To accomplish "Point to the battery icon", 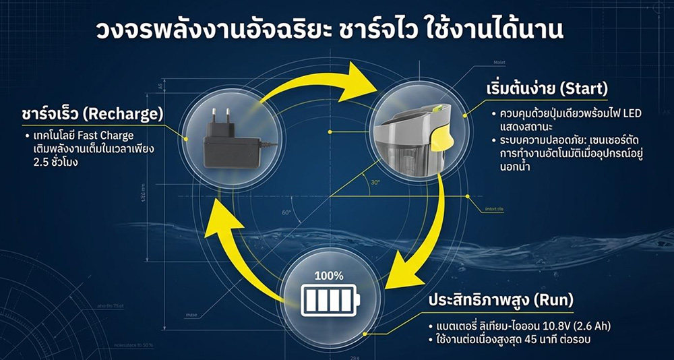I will click(328, 298).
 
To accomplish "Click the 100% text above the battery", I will click(328, 275).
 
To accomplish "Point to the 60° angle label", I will click(286, 212).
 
